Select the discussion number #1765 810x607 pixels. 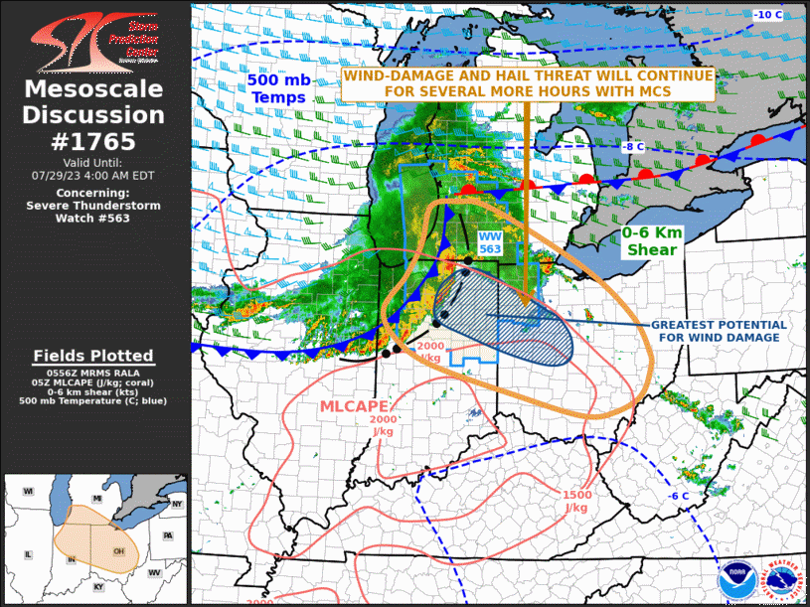point(93,141)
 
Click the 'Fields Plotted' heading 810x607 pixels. point(93,356)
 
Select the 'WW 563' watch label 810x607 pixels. point(490,243)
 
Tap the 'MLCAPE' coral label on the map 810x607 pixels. point(353,406)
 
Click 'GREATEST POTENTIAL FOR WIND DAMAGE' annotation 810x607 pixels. point(719,331)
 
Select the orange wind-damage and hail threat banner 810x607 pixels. point(527,83)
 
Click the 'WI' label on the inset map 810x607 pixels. point(29,492)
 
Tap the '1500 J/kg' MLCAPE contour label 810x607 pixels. point(575,501)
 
